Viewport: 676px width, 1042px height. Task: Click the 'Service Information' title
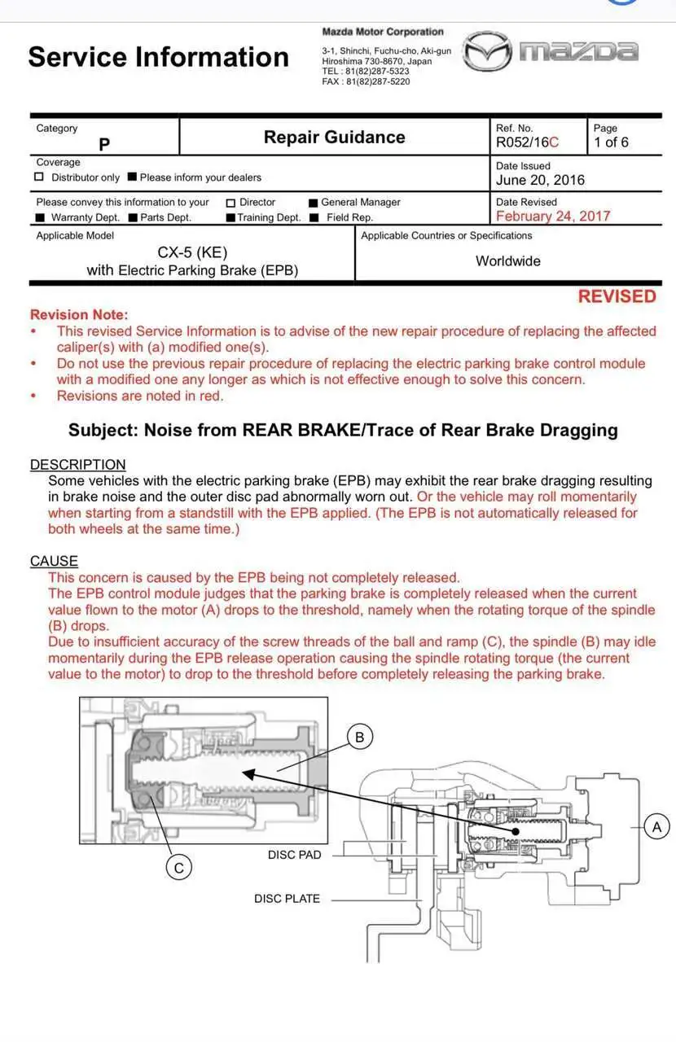(158, 57)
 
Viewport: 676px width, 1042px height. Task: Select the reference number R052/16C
(527, 142)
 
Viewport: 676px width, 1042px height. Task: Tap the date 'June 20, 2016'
(540, 180)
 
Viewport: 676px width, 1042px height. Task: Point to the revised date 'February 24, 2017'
(553, 216)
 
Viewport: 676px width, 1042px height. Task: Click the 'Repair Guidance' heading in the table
(334, 137)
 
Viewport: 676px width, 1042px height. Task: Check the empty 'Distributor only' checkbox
(39, 177)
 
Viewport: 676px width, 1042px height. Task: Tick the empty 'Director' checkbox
(230, 202)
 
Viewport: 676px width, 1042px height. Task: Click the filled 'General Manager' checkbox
(313, 202)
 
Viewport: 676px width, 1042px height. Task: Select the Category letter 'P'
(104, 145)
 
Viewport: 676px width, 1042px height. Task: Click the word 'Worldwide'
(508, 261)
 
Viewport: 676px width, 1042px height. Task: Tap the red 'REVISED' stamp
(617, 296)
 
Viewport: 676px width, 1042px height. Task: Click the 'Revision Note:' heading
(79, 314)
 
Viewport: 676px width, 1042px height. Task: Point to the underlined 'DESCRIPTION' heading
(78, 465)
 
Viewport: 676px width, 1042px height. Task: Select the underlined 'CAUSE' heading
(54, 561)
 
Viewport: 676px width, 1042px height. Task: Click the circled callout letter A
(656, 827)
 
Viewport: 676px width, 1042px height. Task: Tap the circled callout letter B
(359, 738)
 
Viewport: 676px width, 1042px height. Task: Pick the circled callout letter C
(178, 868)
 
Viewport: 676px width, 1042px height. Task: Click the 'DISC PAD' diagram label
(295, 855)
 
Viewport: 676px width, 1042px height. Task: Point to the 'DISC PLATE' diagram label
(287, 899)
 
